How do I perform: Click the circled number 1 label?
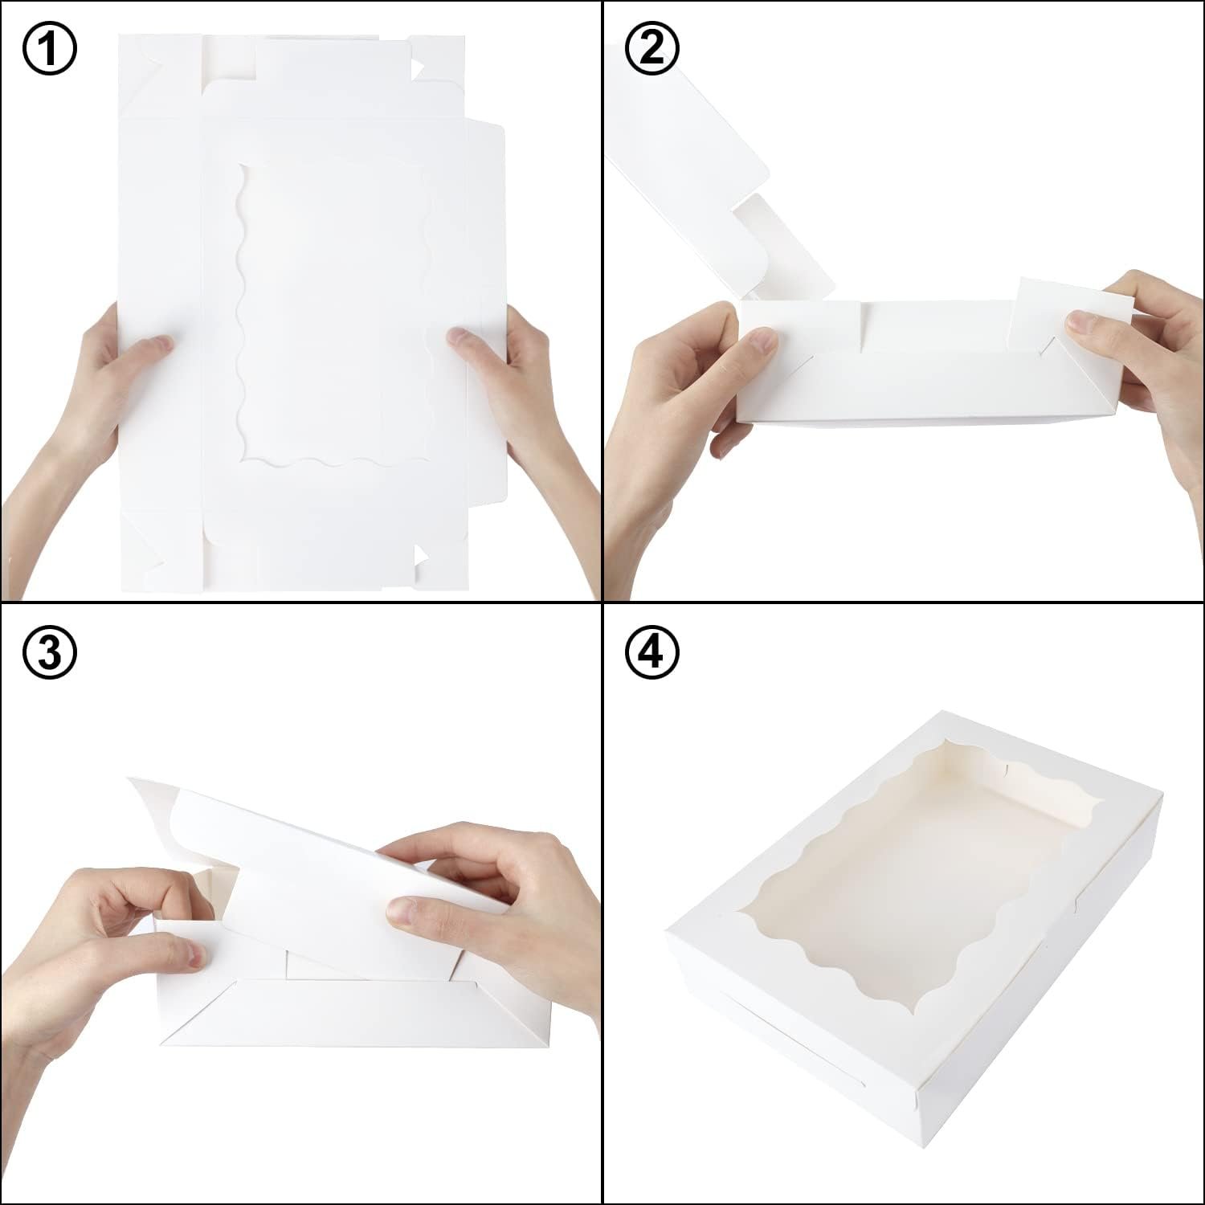click(50, 50)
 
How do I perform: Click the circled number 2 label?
click(652, 50)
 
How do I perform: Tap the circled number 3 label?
click(50, 652)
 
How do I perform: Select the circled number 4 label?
click(652, 652)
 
